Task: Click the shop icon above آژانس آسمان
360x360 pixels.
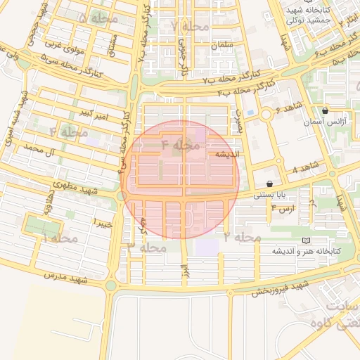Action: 324,111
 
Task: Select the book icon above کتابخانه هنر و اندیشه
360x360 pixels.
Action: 304,240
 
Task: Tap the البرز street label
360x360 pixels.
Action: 184,270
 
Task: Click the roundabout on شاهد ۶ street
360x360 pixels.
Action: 266,115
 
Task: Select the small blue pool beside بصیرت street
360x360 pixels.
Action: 250,112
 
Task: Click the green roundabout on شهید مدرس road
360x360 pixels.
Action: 111,285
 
